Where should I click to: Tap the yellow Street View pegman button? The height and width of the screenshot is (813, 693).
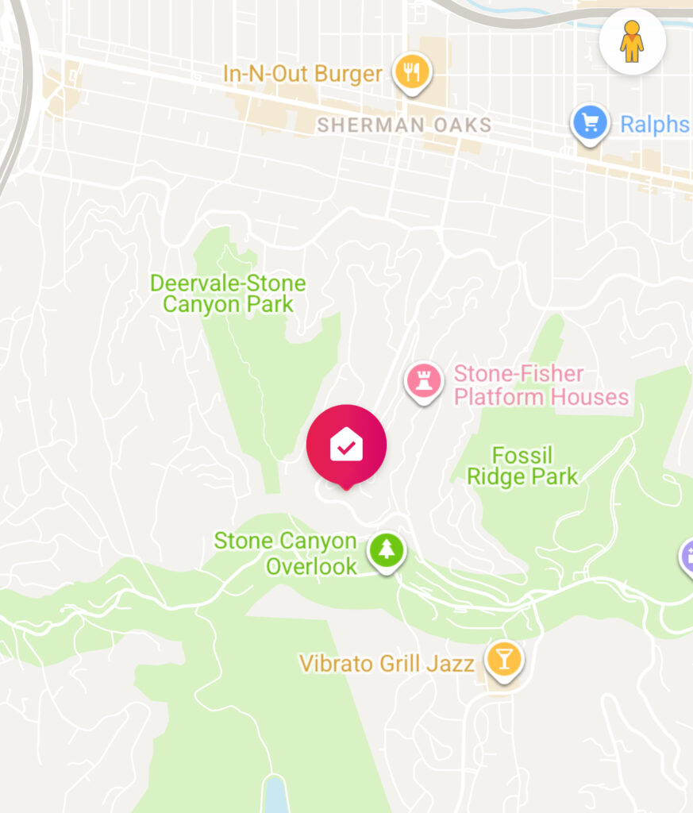pos(632,41)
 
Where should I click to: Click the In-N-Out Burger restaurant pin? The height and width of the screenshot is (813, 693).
pos(411,73)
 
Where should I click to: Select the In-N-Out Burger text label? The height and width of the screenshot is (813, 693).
pos(302,75)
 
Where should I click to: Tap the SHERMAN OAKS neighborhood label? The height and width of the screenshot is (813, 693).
pos(404,125)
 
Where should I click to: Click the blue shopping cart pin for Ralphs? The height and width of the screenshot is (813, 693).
pos(590,123)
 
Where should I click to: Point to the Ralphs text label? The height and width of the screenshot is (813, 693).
pos(653,125)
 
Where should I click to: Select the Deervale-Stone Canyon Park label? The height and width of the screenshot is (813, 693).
pos(228,294)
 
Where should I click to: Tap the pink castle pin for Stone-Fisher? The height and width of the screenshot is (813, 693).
pos(424,380)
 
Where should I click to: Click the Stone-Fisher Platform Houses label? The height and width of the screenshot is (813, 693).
pos(541,385)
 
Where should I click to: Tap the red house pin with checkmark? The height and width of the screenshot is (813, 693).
pos(346,445)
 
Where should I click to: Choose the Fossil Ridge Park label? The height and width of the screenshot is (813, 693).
pos(522,466)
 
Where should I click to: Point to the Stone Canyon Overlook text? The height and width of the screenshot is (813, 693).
pos(286,553)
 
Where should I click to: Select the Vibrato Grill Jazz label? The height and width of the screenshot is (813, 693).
pos(387,663)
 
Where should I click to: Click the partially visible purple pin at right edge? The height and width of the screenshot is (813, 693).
pos(687,555)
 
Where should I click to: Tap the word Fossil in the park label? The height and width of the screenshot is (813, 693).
pos(522,455)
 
